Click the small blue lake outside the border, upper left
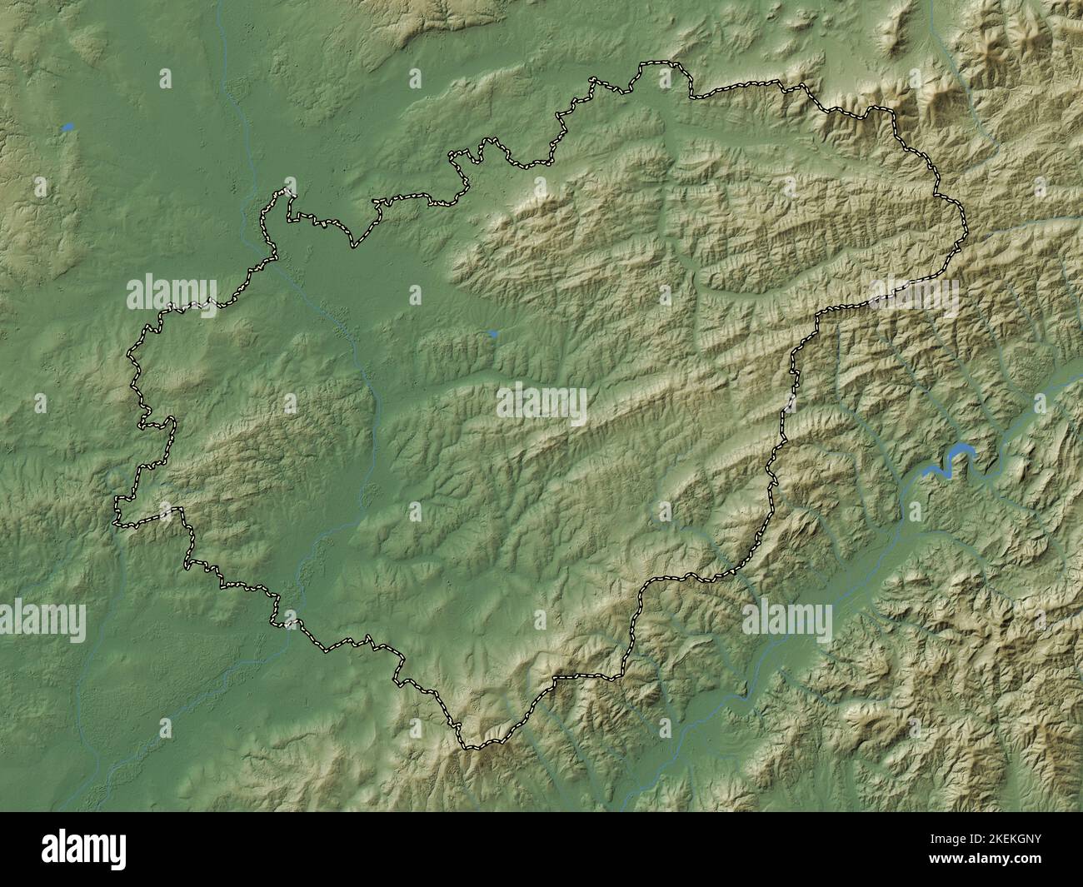click(67, 127)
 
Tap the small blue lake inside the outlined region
click(493, 334)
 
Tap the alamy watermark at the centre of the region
click(541, 403)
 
